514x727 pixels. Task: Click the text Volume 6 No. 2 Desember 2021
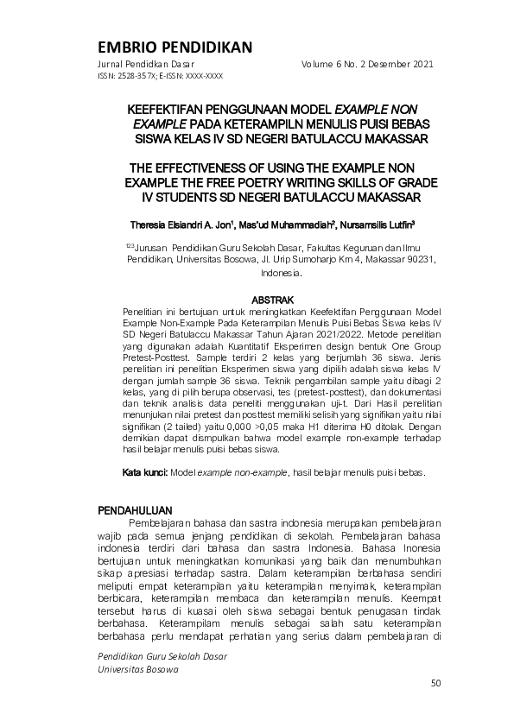(367, 64)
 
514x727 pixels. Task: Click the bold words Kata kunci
(144, 472)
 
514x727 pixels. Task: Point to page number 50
(435, 684)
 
